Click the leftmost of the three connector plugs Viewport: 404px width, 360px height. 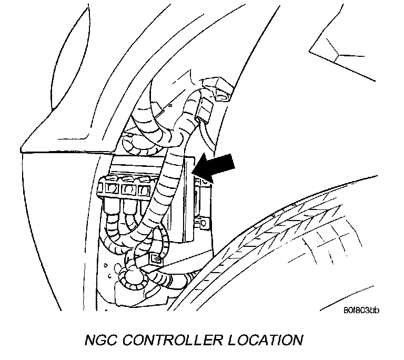tap(111, 188)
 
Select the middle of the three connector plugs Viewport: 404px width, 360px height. tap(128, 187)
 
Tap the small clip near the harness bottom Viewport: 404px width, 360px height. tap(155, 259)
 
